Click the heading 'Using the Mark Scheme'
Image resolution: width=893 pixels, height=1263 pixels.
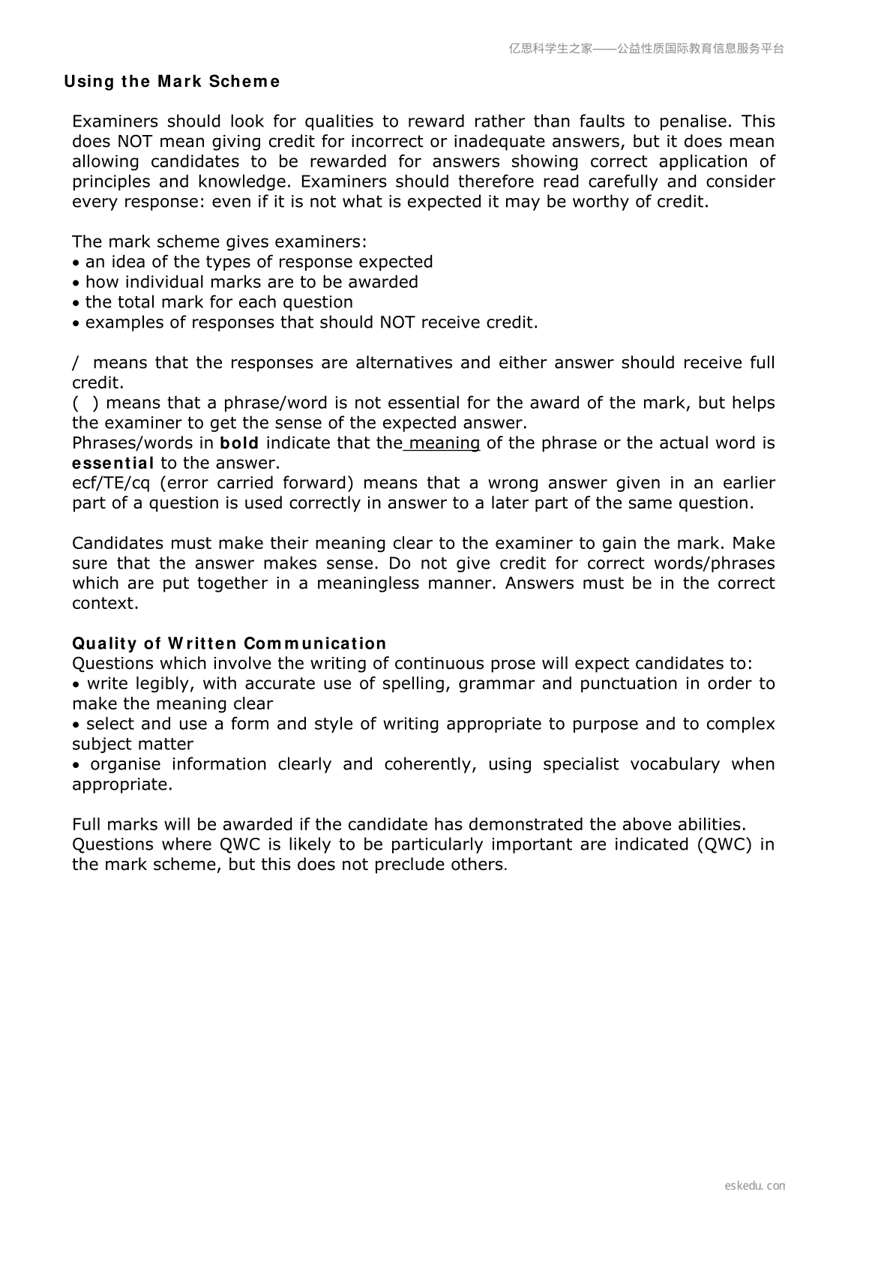point(172,82)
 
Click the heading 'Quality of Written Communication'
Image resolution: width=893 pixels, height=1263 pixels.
point(229,643)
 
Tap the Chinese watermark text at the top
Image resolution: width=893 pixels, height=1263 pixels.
point(646,49)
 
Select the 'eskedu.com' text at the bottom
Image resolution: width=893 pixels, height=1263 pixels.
point(755,1186)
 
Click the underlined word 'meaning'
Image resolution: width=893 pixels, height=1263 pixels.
point(444,443)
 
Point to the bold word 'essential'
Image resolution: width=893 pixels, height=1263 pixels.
point(113,463)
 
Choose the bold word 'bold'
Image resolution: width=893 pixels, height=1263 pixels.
point(239,443)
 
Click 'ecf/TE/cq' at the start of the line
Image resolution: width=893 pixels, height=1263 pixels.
point(111,483)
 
